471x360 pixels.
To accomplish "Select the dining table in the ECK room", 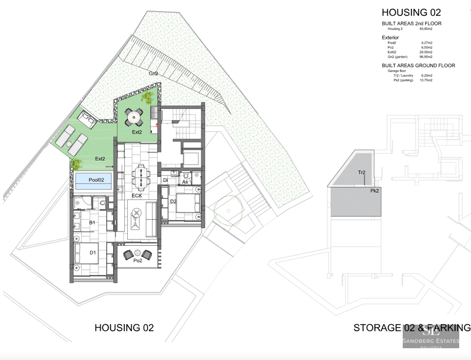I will (x=141, y=174).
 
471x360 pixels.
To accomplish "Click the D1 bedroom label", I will (x=92, y=253).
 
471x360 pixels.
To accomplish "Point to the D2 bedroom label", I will (x=173, y=202).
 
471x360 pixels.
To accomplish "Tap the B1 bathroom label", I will (x=92, y=223).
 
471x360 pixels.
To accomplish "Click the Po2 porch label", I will (x=138, y=260).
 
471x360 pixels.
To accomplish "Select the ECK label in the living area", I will (x=137, y=196).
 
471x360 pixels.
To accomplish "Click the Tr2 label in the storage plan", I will (x=363, y=173).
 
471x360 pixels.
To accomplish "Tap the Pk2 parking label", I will (x=374, y=191).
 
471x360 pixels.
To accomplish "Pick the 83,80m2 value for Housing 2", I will (x=426, y=28).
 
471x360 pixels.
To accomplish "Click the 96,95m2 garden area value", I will (x=426, y=57).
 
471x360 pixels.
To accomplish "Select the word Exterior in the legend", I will (x=390, y=38).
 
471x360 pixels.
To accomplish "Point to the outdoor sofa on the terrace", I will (x=88, y=121).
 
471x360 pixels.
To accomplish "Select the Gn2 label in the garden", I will (x=153, y=74).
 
